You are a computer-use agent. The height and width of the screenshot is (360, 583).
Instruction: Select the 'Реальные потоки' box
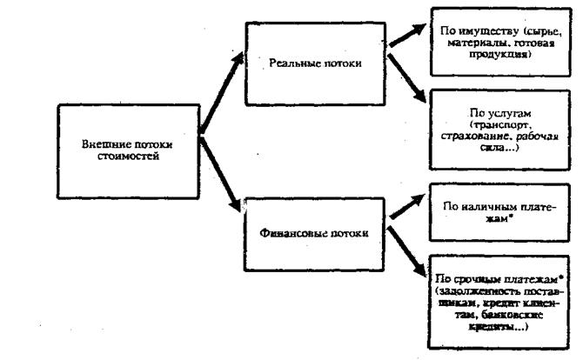pyautogui.click(x=301, y=63)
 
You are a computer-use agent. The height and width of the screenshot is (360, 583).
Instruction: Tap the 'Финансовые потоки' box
pyautogui.click(x=301, y=233)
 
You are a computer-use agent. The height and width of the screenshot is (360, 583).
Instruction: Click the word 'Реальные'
pyautogui.click(x=285, y=63)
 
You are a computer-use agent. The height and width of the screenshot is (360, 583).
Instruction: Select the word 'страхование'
pyautogui.click(x=490, y=137)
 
